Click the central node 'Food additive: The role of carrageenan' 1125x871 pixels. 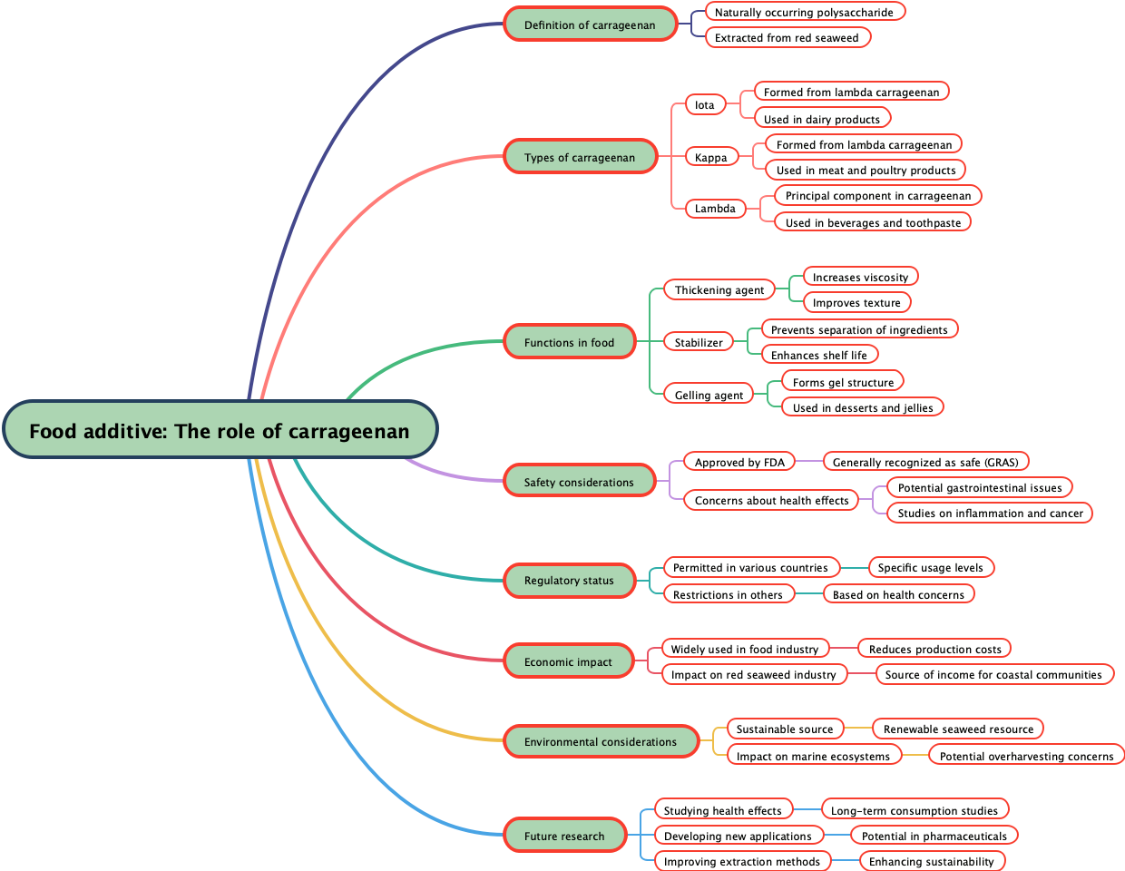(220, 430)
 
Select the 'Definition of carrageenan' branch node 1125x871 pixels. (590, 24)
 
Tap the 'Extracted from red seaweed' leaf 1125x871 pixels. (787, 37)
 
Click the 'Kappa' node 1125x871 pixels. (711, 157)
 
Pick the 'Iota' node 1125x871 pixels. (705, 104)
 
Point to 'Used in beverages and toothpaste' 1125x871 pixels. (873, 222)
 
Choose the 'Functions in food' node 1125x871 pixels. (569, 342)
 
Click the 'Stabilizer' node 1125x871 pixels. (699, 342)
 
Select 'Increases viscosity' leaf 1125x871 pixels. (860, 277)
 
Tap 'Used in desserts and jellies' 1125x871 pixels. (863, 407)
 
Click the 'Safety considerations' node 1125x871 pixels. (579, 482)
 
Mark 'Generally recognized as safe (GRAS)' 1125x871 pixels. (925, 462)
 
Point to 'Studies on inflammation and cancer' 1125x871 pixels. (991, 513)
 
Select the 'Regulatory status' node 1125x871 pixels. (569, 580)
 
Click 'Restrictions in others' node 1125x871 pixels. (728, 594)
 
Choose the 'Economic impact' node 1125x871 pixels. (568, 661)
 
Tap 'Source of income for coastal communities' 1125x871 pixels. (993, 674)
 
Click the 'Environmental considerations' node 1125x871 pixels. (601, 741)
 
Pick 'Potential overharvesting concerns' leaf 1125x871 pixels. (1026, 756)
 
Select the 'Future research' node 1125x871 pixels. (564, 836)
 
